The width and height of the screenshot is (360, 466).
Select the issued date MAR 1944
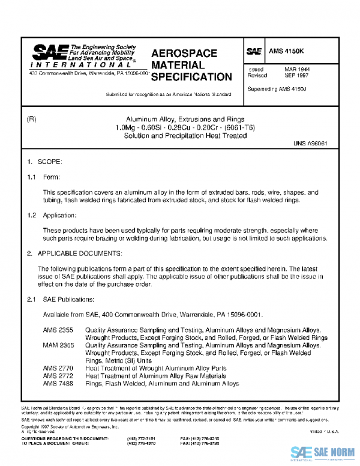click(296, 70)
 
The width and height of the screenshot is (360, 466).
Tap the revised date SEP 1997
click(296, 76)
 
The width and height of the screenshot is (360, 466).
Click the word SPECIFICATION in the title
click(191, 77)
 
